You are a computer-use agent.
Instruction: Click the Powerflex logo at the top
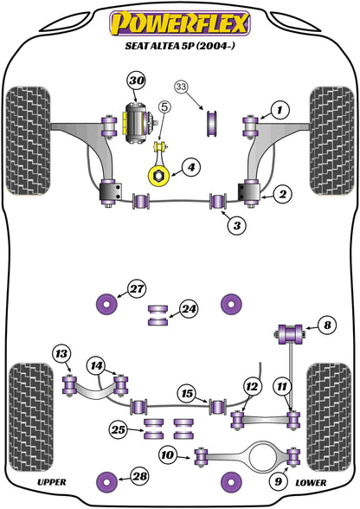(179, 22)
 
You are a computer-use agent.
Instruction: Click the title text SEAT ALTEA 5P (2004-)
(179, 45)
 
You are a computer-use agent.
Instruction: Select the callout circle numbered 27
(137, 289)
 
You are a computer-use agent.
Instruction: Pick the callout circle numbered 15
(185, 393)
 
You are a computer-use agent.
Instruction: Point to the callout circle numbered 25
(118, 428)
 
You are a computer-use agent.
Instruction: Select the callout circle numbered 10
(167, 454)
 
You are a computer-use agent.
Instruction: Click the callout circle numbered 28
(137, 474)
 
